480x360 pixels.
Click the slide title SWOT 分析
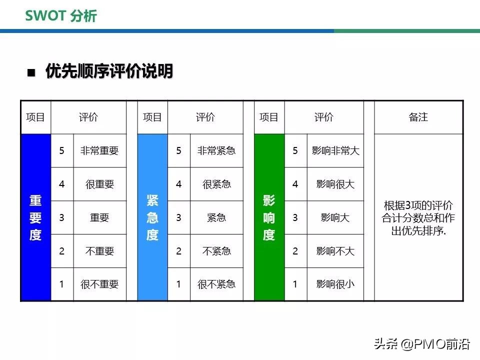[61, 15]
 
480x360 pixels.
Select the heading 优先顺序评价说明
[109, 71]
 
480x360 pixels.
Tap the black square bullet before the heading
[31, 72]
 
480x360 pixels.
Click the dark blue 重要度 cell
[35, 217]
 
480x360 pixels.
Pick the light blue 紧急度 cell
[152, 217]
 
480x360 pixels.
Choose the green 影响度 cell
[269, 217]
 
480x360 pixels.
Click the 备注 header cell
[418, 117]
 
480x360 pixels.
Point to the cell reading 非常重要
[99, 150]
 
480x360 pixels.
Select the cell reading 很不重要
[99, 284]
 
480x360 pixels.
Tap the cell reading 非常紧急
[216, 150]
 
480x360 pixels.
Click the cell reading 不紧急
[216, 251]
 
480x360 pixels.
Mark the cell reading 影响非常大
[335, 150]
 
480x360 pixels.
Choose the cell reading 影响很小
[335, 284]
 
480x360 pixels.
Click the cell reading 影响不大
[335, 251]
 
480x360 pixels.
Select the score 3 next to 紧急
[178, 217]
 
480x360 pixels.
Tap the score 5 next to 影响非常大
[295, 150]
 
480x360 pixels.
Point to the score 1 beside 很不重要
[62, 284]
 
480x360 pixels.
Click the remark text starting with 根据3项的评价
[418, 218]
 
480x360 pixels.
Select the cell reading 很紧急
[216, 184]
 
